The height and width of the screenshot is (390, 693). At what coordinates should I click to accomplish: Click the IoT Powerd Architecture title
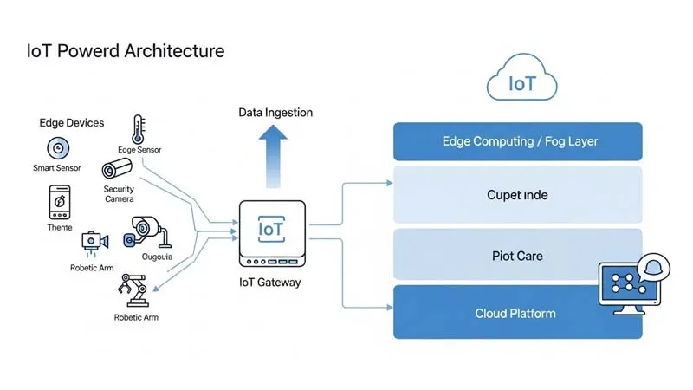coord(126,51)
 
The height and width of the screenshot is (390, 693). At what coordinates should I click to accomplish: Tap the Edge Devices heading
coord(71,123)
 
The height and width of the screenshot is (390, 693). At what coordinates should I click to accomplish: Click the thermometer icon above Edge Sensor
coord(138,130)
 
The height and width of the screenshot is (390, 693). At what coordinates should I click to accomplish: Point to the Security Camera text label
coord(119,194)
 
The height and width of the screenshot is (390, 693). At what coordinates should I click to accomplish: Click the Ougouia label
coord(157,256)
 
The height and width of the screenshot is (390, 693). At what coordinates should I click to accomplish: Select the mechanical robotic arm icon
coord(134,291)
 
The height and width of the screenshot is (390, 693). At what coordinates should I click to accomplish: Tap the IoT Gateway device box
coord(272,232)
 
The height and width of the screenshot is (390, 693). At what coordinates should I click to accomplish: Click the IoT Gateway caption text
coord(269,283)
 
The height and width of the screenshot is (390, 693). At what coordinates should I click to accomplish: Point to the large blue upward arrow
coord(275,153)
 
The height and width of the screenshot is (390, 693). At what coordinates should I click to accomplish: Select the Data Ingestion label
coord(275,113)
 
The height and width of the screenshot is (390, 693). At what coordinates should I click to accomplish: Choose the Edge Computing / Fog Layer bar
coord(518,141)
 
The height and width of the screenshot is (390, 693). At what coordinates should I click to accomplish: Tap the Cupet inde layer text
coord(517,195)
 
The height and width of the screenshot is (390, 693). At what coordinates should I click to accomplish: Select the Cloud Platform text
coord(515,313)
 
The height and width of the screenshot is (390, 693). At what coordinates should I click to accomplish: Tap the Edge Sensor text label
coord(139,150)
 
